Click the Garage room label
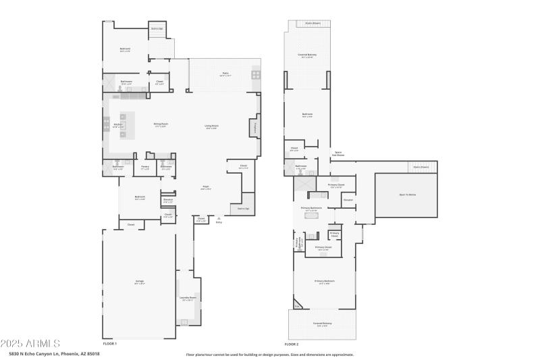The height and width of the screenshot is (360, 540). coord(139,281)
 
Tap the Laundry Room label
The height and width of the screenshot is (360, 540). coord(188,297)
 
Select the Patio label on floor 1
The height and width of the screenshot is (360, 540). coord(225,74)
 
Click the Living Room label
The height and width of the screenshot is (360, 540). coord(211,126)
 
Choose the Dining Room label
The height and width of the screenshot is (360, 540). coord(160,124)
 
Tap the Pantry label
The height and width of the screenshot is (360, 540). coord(145,166)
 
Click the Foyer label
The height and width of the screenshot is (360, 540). coord(206,188)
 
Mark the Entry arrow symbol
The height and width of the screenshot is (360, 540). coord(218,220)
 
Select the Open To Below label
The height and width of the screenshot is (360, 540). coord(408,195)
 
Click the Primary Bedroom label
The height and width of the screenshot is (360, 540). coord(324,281)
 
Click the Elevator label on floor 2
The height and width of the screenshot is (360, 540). coord(348,199)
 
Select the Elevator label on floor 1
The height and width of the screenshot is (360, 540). coord(167,200)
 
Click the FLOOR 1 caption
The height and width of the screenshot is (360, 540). coord(110,344)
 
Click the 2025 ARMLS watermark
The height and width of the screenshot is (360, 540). coord(30,343)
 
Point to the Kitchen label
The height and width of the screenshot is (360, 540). coord(117,125)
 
